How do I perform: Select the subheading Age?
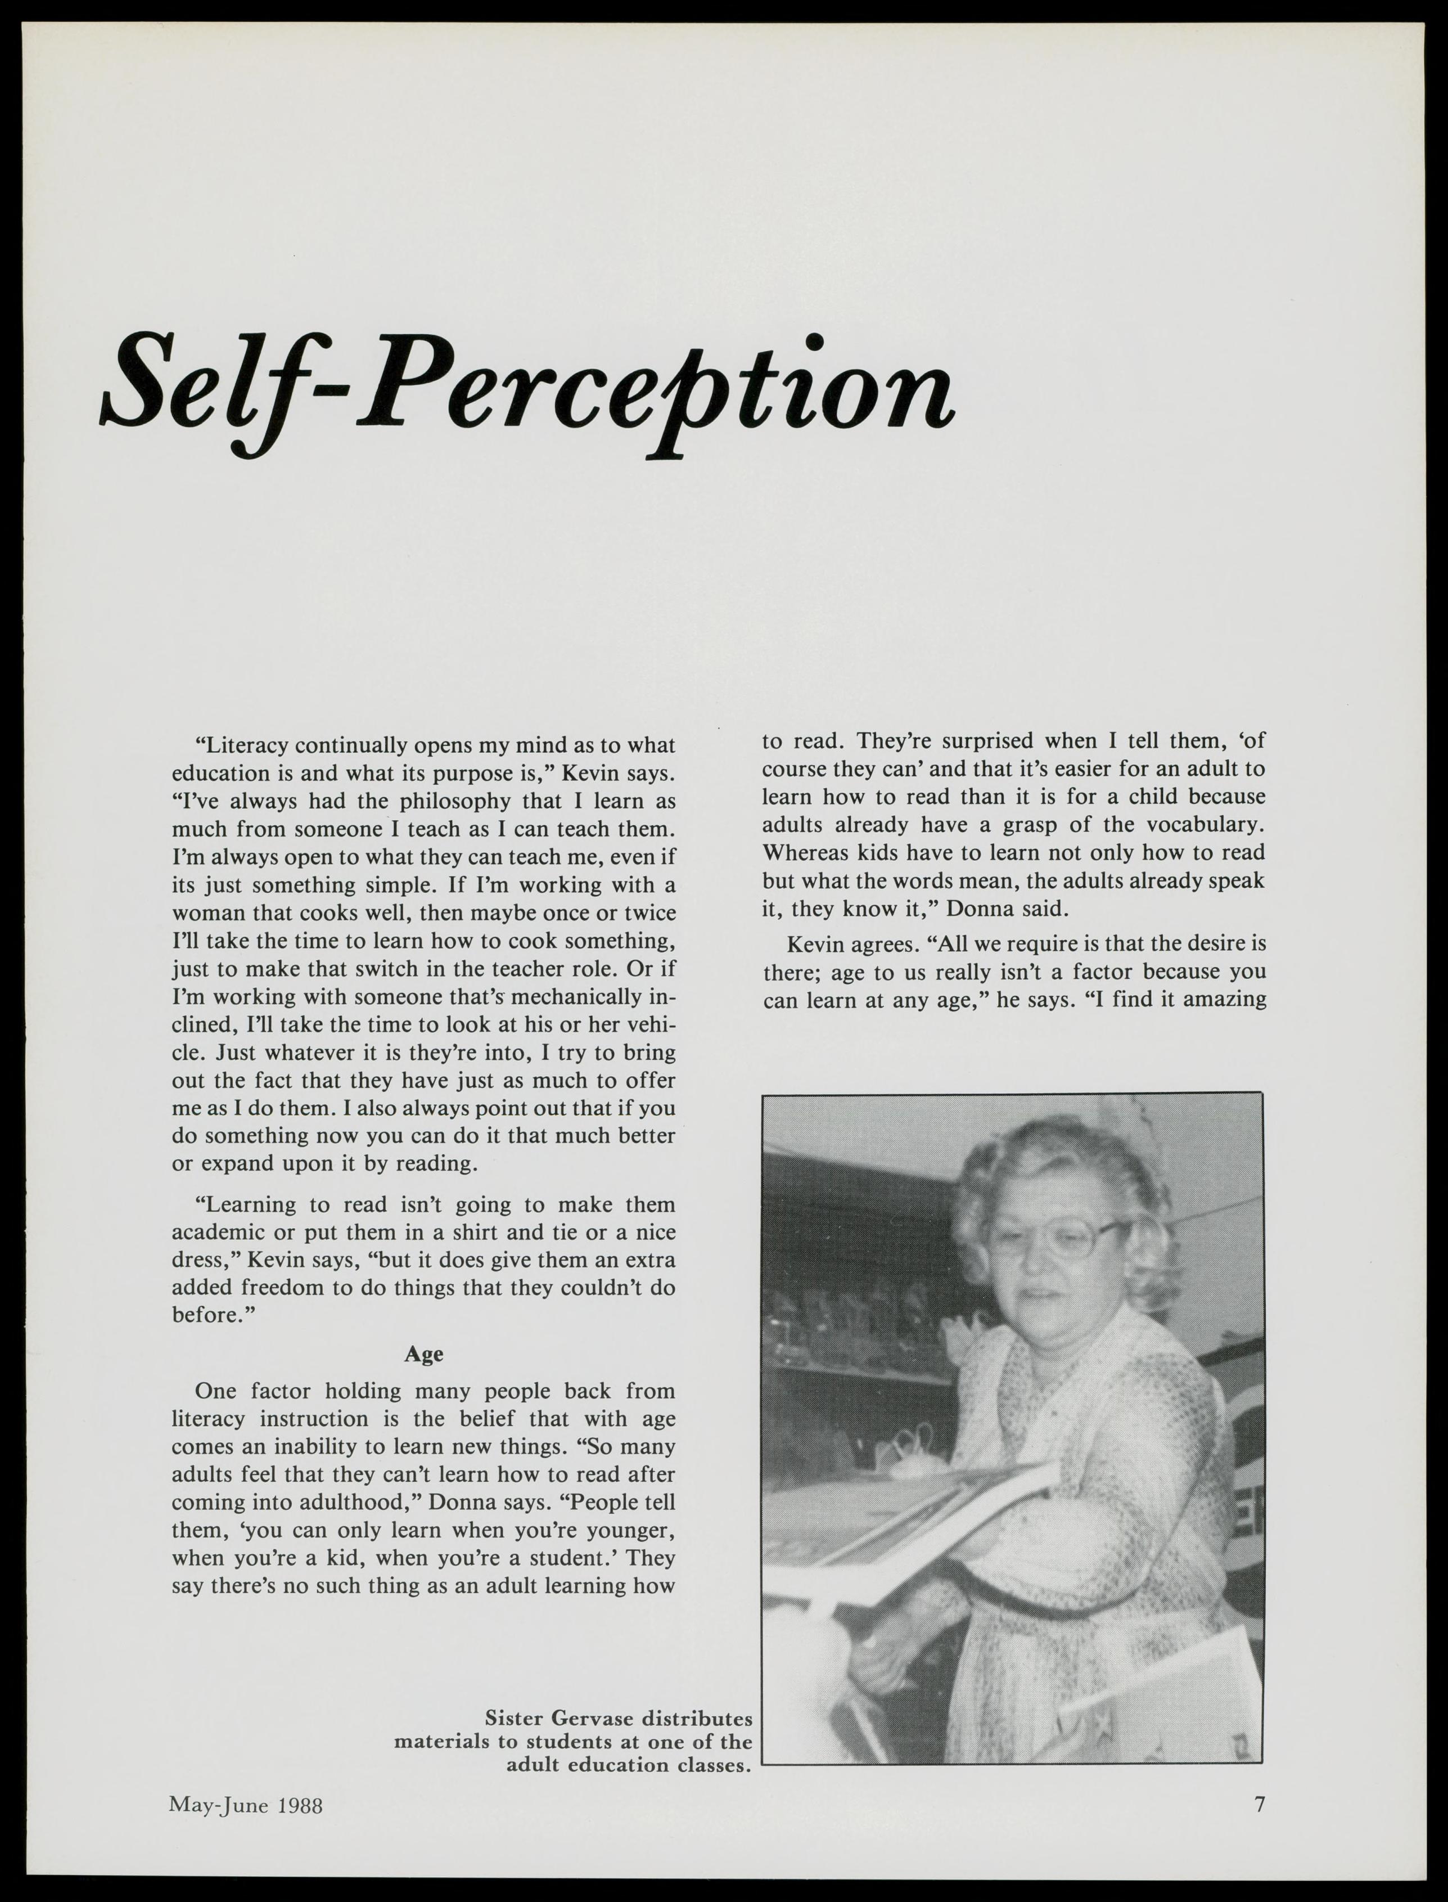click(423, 1354)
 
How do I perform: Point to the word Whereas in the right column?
click(801, 853)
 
